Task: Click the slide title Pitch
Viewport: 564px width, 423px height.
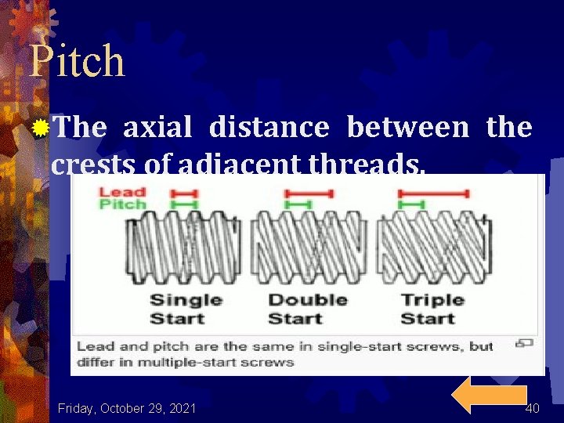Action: click(x=77, y=61)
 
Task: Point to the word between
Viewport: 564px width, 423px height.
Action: click(x=407, y=127)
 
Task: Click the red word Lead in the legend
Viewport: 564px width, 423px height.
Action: click(x=122, y=192)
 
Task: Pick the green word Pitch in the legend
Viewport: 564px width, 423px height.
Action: click(x=122, y=204)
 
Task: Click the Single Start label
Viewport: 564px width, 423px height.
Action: click(x=186, y=309)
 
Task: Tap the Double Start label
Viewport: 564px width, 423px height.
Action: click(x=307, y=309)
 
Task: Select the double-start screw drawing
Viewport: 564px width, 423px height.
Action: click(x=308, y=248)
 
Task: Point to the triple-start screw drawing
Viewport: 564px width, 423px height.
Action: click(x=433, y=248)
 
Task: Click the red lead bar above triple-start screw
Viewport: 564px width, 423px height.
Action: click(x=434, y=193)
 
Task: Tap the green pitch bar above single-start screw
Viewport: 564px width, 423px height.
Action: click(x=185, y=204)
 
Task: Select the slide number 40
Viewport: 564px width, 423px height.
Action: click(x=533, y=408)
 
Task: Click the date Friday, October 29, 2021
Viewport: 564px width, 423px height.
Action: click(x=127, y=408)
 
